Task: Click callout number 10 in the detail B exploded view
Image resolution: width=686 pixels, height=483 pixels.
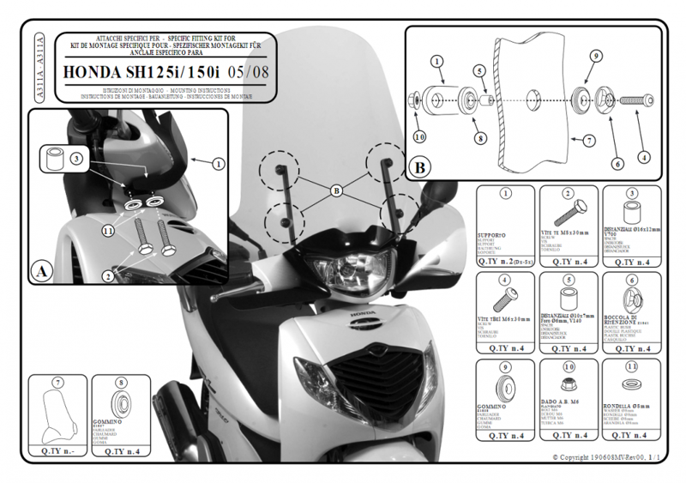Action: (x=418, y=136)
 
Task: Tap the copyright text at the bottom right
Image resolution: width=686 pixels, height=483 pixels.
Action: (x=605, y=458)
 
